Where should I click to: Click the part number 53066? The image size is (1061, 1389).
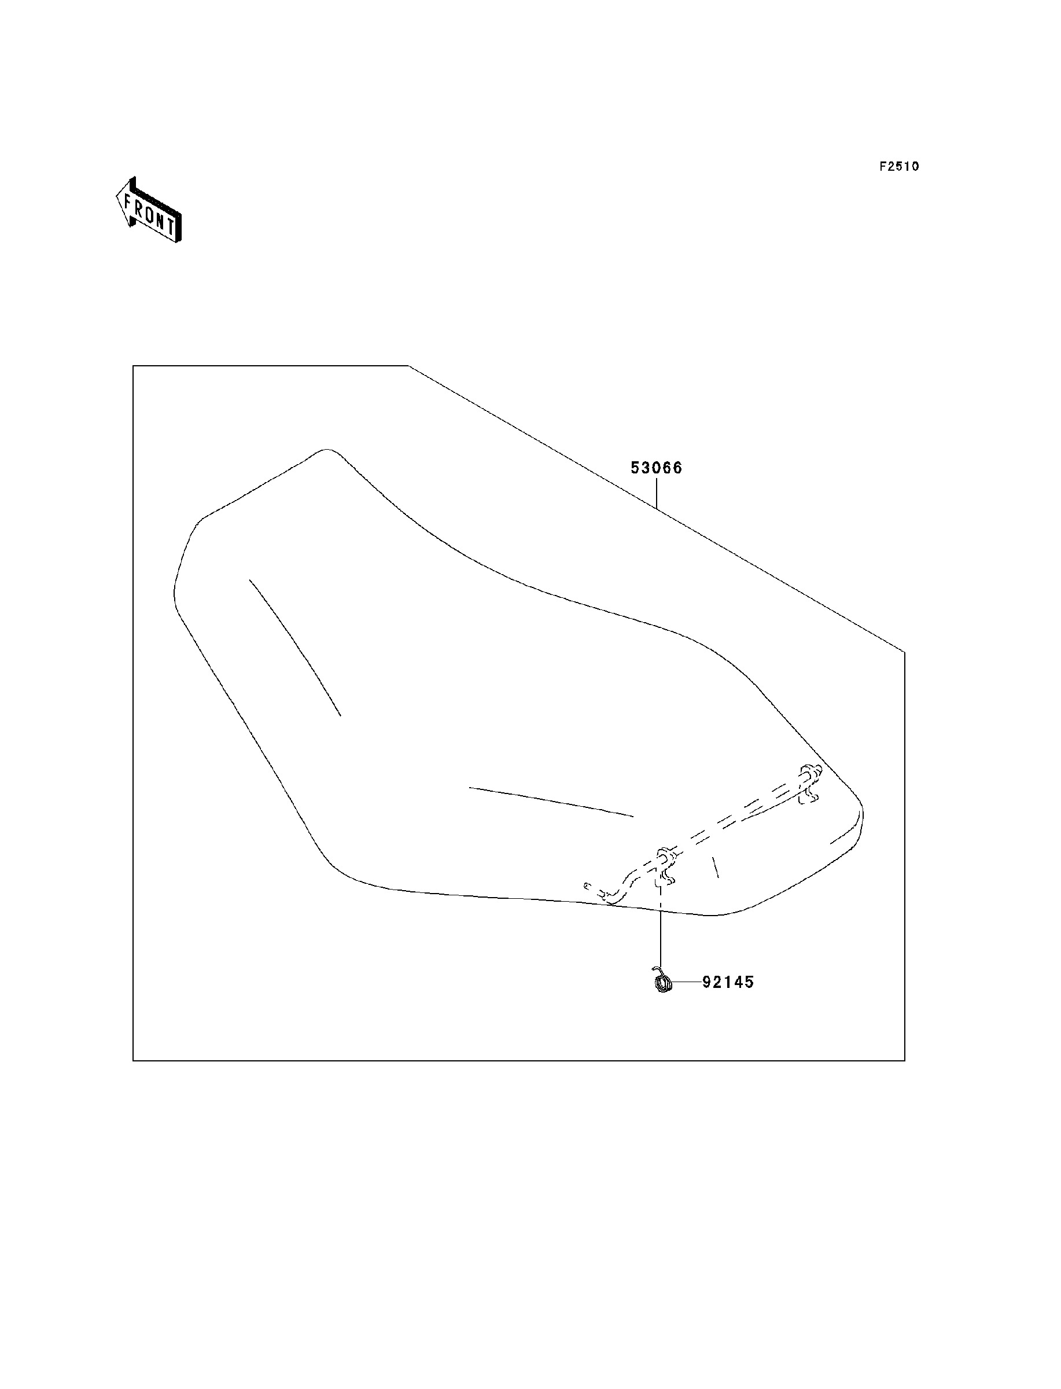(656, 468)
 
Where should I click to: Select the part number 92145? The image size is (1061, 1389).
(728, 982)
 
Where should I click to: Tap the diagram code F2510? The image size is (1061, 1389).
(900, 167)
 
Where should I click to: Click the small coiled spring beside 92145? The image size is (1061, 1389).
(662, 982)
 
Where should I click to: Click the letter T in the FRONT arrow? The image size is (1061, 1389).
(171, 226)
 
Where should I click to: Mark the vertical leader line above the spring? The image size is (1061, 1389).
(661, 935)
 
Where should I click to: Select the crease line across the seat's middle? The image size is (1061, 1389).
(551, 802)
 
